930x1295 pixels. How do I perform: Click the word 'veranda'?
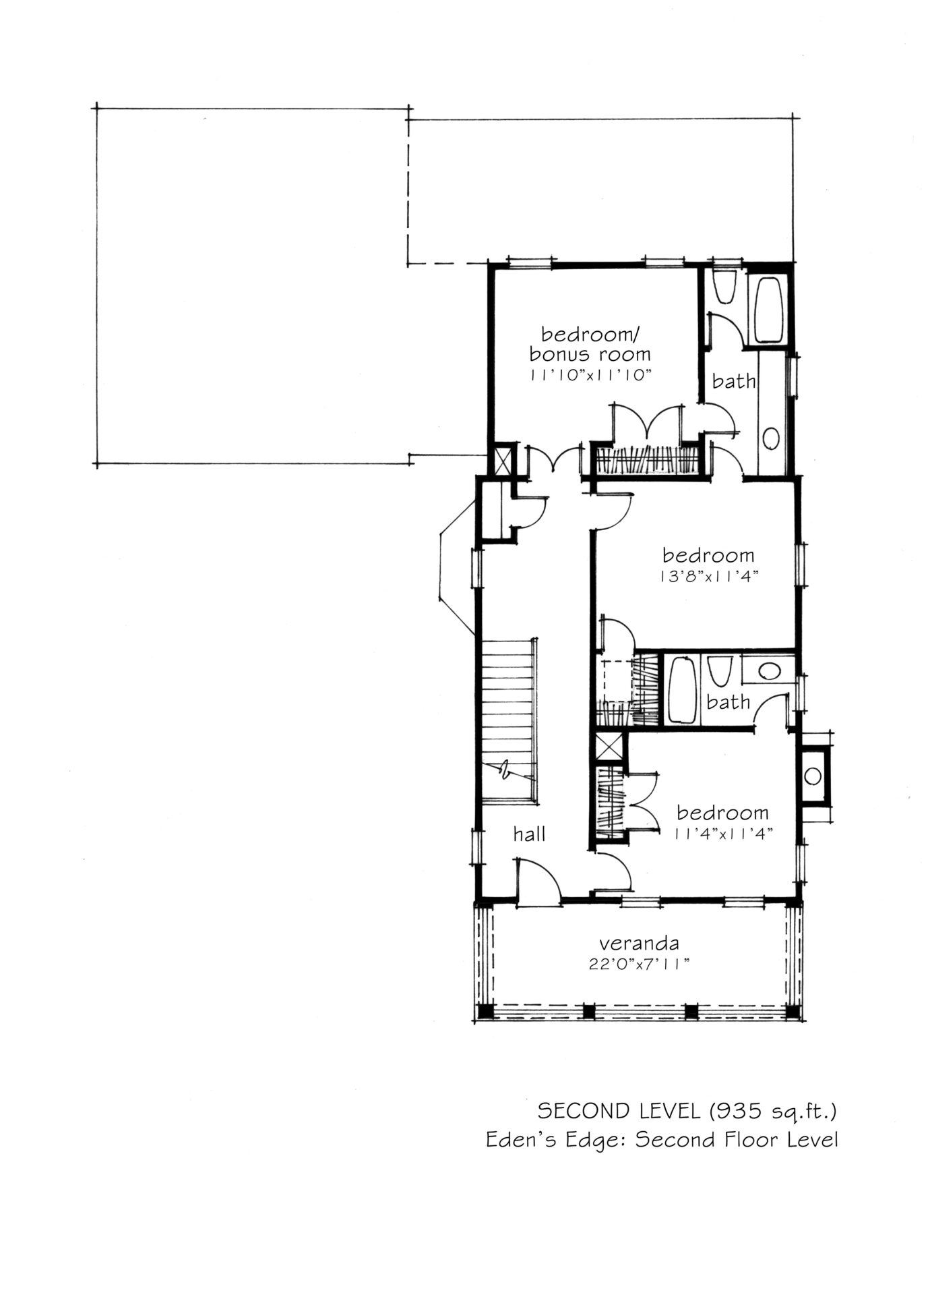point(639,942)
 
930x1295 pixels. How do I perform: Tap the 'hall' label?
point(529,834)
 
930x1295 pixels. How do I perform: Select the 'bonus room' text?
point(590,353)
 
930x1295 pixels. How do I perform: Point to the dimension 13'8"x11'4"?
point(707,577)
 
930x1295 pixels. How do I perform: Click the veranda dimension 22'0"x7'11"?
point(638,964)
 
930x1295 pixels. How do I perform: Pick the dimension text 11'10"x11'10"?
point(590,374)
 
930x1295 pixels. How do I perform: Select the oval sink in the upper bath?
point(771,438)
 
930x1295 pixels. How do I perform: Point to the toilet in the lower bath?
point(718,670)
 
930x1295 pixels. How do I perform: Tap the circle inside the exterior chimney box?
point(813,776)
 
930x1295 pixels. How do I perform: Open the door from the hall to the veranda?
point(538,879)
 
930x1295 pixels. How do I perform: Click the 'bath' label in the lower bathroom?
point(728,702)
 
